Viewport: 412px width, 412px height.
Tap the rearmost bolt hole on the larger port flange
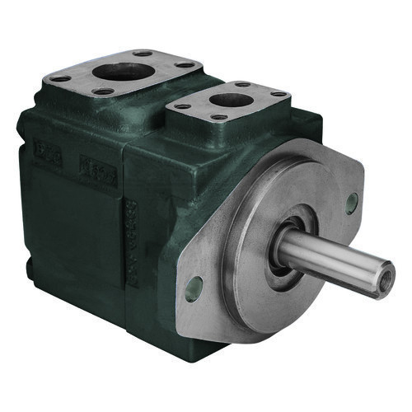coord(146,53)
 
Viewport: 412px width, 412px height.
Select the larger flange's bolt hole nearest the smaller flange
coord(186,64)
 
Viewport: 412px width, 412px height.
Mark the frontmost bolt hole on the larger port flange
coord(102,91)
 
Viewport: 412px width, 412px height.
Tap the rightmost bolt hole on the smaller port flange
coord(279,95)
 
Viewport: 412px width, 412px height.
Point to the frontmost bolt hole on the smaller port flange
coord(218,117)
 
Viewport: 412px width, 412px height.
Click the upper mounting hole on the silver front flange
coord(352,202)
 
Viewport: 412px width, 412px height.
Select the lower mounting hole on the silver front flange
coord(194,287)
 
